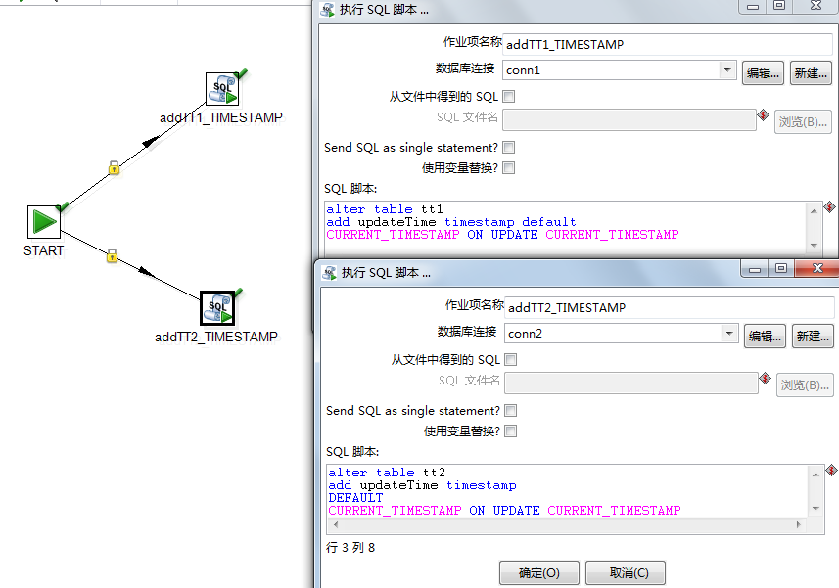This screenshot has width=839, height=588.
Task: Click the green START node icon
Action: pyautogui.click(x=43, y=222)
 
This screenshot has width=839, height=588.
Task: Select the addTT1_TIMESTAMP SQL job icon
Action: pyautogui.click(x=222, y=90)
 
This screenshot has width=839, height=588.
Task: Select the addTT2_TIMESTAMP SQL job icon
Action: pyautogui.click(x=217, y=308)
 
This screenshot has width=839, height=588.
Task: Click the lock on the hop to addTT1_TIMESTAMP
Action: pyautogui.click(x=114, y=168)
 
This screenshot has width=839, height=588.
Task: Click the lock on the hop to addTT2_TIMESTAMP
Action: pyautogui.click(x=112, y=255)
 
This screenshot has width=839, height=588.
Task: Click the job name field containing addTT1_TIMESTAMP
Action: pyautogui.click(x=668, y=44)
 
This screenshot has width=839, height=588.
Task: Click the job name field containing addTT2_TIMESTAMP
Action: pyautogui.click(x=670, y=307)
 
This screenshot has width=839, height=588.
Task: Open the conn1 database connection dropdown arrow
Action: pyautogui.click(x=727, y=70)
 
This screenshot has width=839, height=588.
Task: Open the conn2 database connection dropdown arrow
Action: pyautogui.click(x=729, y=333)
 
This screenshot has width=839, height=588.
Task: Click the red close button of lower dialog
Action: pyautogui.click(x=817, y=268)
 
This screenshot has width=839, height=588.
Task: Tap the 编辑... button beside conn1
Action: pyautogui.click(x=763, y=72)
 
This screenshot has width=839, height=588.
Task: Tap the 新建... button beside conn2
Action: pyautogui.click(x=813, y=337)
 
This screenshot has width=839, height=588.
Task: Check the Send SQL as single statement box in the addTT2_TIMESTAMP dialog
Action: pyautogui.click(x=511, y=411)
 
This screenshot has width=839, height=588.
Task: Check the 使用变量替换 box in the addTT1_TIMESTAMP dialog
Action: pyautogui.click(x=509, y=168)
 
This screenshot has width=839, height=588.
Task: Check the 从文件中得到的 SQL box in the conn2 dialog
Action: pyautogui.click(x=511, y=360)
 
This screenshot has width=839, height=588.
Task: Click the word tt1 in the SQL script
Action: pyautogui.click(x=432, y=209)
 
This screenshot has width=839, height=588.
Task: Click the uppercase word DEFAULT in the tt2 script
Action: pyautogui.click(x=355, y=498)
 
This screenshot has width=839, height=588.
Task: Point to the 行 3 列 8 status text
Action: pyautogui.click(x=350, y=547)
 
